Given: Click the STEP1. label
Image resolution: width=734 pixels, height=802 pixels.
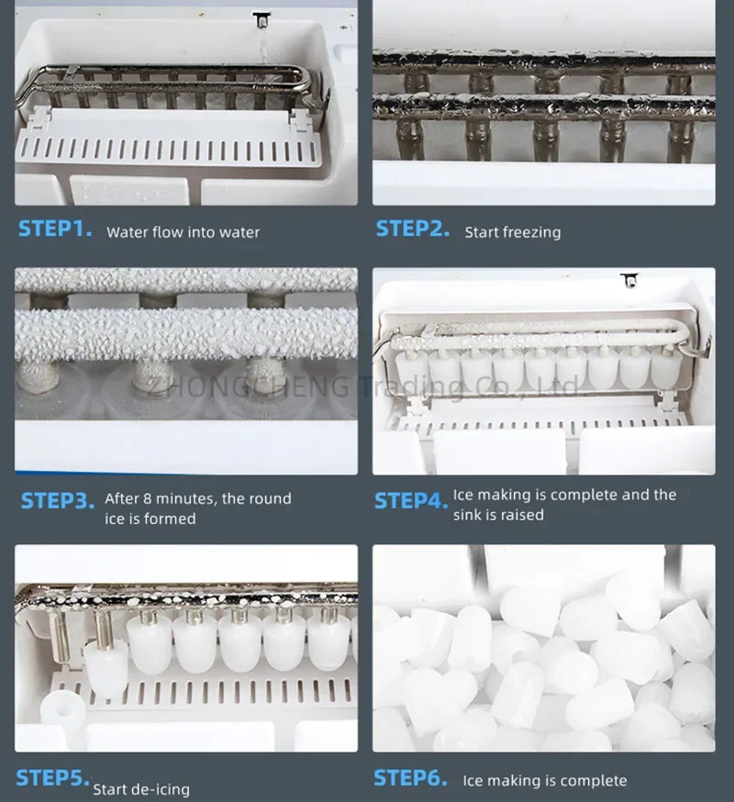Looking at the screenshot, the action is [x=55, y=228].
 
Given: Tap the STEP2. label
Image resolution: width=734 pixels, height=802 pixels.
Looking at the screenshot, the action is [x=413, y=228].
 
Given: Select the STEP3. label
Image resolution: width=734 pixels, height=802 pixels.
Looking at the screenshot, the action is [x=58, y=501].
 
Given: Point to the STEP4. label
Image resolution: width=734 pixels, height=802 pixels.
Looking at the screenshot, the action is [x=411, y=501].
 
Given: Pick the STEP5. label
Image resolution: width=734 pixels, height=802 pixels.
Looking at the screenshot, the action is [x=52, y=777].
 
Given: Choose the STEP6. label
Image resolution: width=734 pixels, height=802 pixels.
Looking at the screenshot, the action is [x=410, y=777].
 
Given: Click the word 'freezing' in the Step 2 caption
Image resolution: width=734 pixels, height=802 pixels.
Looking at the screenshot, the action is [x=535, y=233].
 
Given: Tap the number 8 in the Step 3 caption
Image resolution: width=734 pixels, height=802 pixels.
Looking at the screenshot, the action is [x=146, y=498].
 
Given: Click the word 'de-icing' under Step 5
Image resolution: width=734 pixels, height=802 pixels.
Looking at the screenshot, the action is [x=161, y=790].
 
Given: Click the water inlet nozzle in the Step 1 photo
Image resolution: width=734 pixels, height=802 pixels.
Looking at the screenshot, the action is [x=261, y=20].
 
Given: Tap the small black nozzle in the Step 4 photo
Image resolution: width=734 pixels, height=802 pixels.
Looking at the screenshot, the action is [x=629, y=280].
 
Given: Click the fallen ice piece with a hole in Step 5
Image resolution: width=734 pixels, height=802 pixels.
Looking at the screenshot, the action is [x=62, y=707].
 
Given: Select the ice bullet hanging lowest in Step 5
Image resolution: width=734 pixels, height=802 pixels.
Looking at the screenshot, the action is [x=106, y=669].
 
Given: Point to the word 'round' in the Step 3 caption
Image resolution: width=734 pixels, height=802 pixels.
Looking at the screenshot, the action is [x=270, y=498].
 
